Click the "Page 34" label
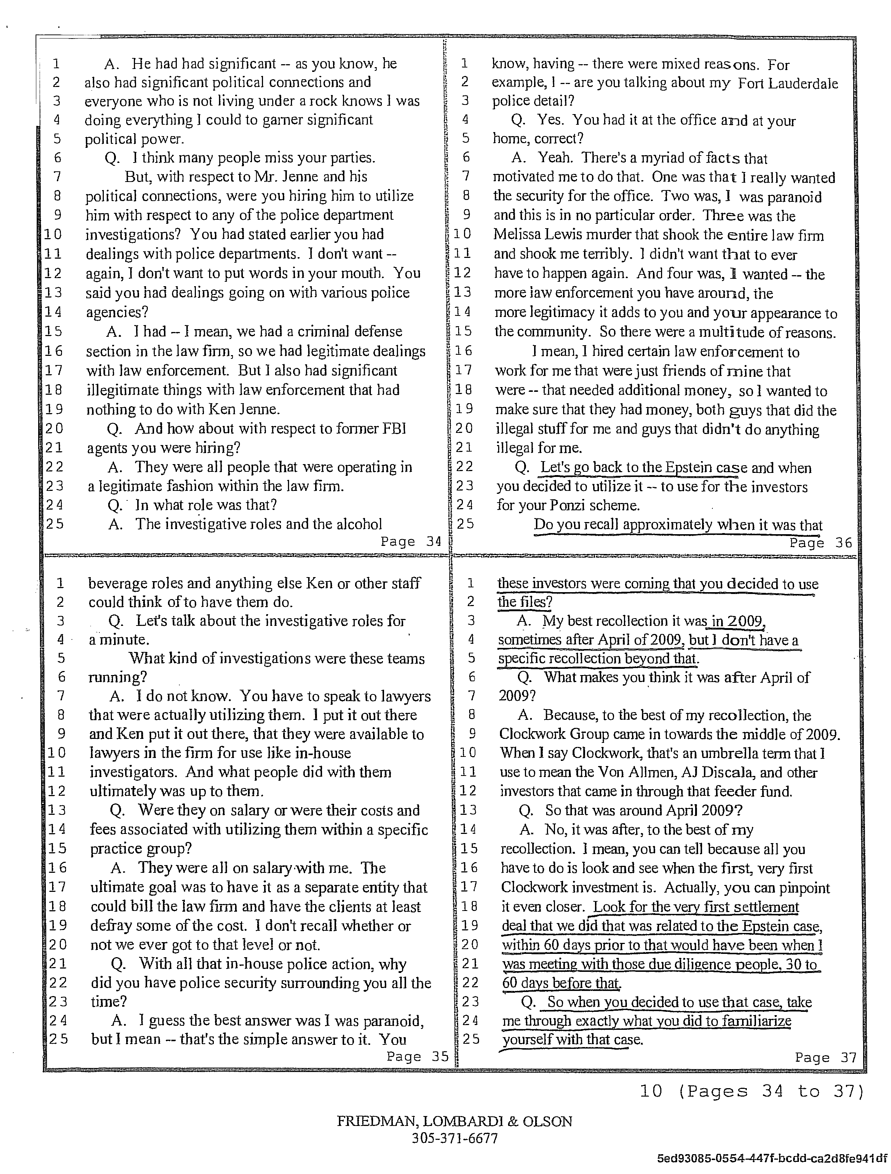point(411,542)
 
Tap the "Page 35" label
point(417,1057)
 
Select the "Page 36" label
point(820,543)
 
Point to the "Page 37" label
point(825,1058)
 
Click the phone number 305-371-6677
point(454,1138)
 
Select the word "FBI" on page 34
point(394,429)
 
